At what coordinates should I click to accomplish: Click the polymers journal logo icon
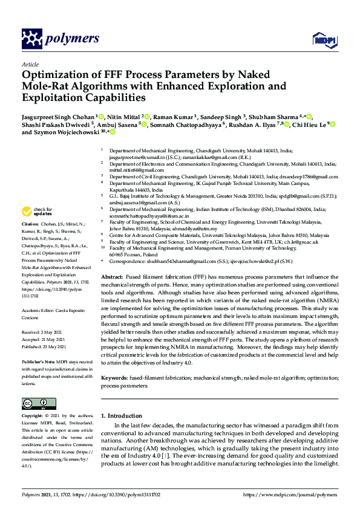[x=31, y=39]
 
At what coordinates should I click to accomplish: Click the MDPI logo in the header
[x=322, y=40]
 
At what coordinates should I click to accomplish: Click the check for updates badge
[x=36, y=212]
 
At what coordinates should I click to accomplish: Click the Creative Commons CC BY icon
[x=35, y=403]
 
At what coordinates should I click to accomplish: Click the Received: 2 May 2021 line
[x=44, y=332]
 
